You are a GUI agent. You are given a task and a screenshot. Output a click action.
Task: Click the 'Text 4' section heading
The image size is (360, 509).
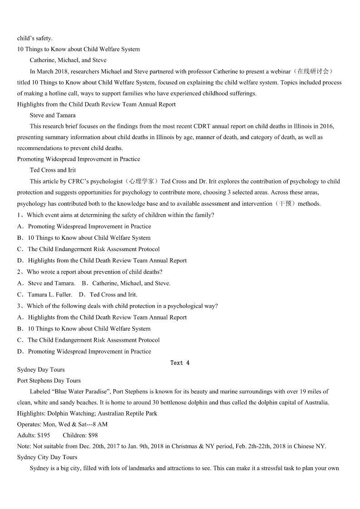tap(180, 363)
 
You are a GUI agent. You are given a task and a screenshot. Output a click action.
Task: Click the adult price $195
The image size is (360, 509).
tap(44, 435)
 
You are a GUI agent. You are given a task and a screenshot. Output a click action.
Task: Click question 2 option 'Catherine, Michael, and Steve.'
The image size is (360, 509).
tap(131, 283)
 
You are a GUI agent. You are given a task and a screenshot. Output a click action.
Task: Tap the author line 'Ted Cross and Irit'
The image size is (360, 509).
tap(53, 170)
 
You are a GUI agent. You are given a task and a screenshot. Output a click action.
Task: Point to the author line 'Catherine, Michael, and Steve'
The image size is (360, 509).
tap(68, 60)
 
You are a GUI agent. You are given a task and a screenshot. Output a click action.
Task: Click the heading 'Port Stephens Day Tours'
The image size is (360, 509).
tap(49, 380)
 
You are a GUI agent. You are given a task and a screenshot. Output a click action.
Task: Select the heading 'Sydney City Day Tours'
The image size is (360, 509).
tap(47, 457)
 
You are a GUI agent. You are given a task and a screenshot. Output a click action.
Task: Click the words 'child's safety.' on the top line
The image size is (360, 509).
tap(35, 38)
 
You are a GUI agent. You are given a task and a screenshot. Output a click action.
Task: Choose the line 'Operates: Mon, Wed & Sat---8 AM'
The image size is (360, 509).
tap(62, 424)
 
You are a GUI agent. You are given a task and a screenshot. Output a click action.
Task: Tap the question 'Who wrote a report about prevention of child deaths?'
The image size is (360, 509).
tap(94, 272)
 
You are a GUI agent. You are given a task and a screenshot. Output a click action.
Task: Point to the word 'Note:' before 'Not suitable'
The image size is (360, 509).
tap(24, 446)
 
